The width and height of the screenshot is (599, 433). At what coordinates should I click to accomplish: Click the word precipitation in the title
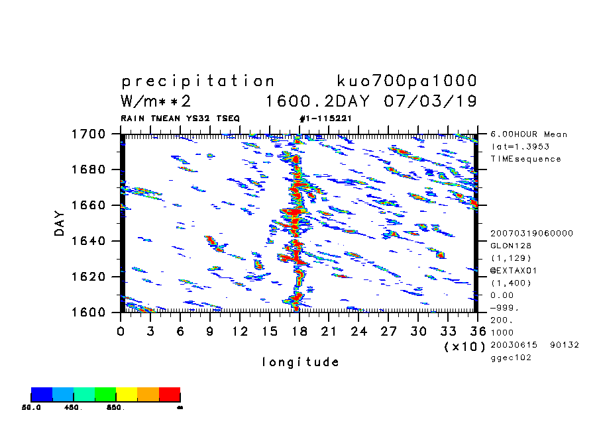pos(197,81)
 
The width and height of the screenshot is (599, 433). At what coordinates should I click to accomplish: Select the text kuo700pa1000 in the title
pos(407,81)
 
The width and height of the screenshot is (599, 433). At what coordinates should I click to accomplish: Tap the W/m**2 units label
pos(156,101)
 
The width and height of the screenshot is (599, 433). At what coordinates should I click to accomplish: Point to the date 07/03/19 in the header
pos(430,101)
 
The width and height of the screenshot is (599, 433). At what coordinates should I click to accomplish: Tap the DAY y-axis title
pos(60,223)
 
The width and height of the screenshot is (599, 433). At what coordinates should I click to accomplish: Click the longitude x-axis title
pos(301,362)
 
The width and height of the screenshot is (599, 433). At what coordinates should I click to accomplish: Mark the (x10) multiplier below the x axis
pos(464,346)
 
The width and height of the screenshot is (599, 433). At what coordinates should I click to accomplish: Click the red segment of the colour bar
pos(170,395)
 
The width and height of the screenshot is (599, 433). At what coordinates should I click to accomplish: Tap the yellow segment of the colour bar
pos(127,395)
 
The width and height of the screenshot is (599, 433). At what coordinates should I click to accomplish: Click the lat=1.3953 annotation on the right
pos(520,146)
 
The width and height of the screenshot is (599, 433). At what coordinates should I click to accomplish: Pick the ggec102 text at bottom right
pos(510,358)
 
